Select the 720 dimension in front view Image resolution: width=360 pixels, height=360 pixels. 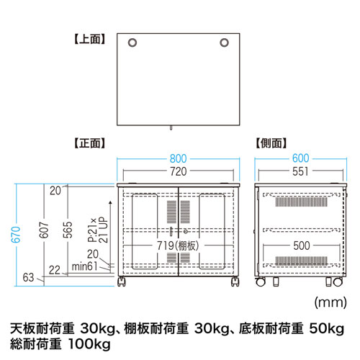pyautogui.click(x=178, y=172)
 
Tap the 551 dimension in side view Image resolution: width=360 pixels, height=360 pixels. pyautogui.click(x=301, y=172)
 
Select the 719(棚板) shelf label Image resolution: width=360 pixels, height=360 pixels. pyautogui.click(x=179, y=246)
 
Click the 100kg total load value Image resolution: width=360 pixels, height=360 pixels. pyautogui.click(x=91, y=345)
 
